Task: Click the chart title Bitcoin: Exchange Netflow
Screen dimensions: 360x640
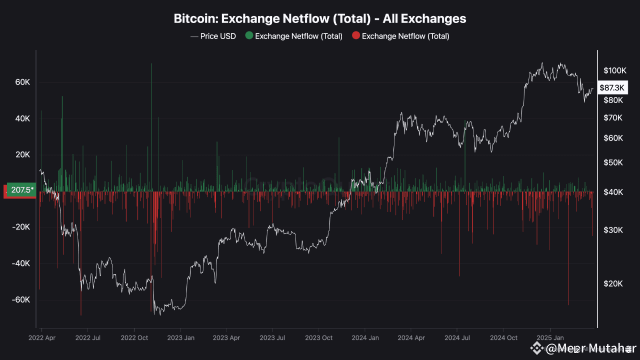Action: pyautogui.click(x=320, y=18)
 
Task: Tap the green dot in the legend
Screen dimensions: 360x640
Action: pyautogui.click(x=248, y=36)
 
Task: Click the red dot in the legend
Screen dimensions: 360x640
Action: pyautogui.click(x=355, y=36)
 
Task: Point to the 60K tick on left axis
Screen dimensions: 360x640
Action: pyautogui.click(x=21, y=82)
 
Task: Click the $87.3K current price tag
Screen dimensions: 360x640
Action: pyautogui.click(x=612, y=88)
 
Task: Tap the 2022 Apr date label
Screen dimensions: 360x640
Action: pyautogui.click(x=41, y=337)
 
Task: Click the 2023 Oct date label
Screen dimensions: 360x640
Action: pyautogui.click(x=318, y=337)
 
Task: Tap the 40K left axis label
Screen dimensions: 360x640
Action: pyautogui.click(x=21, y=118)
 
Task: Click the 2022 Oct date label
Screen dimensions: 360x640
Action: pyautogui.click(x=134, y=337)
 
